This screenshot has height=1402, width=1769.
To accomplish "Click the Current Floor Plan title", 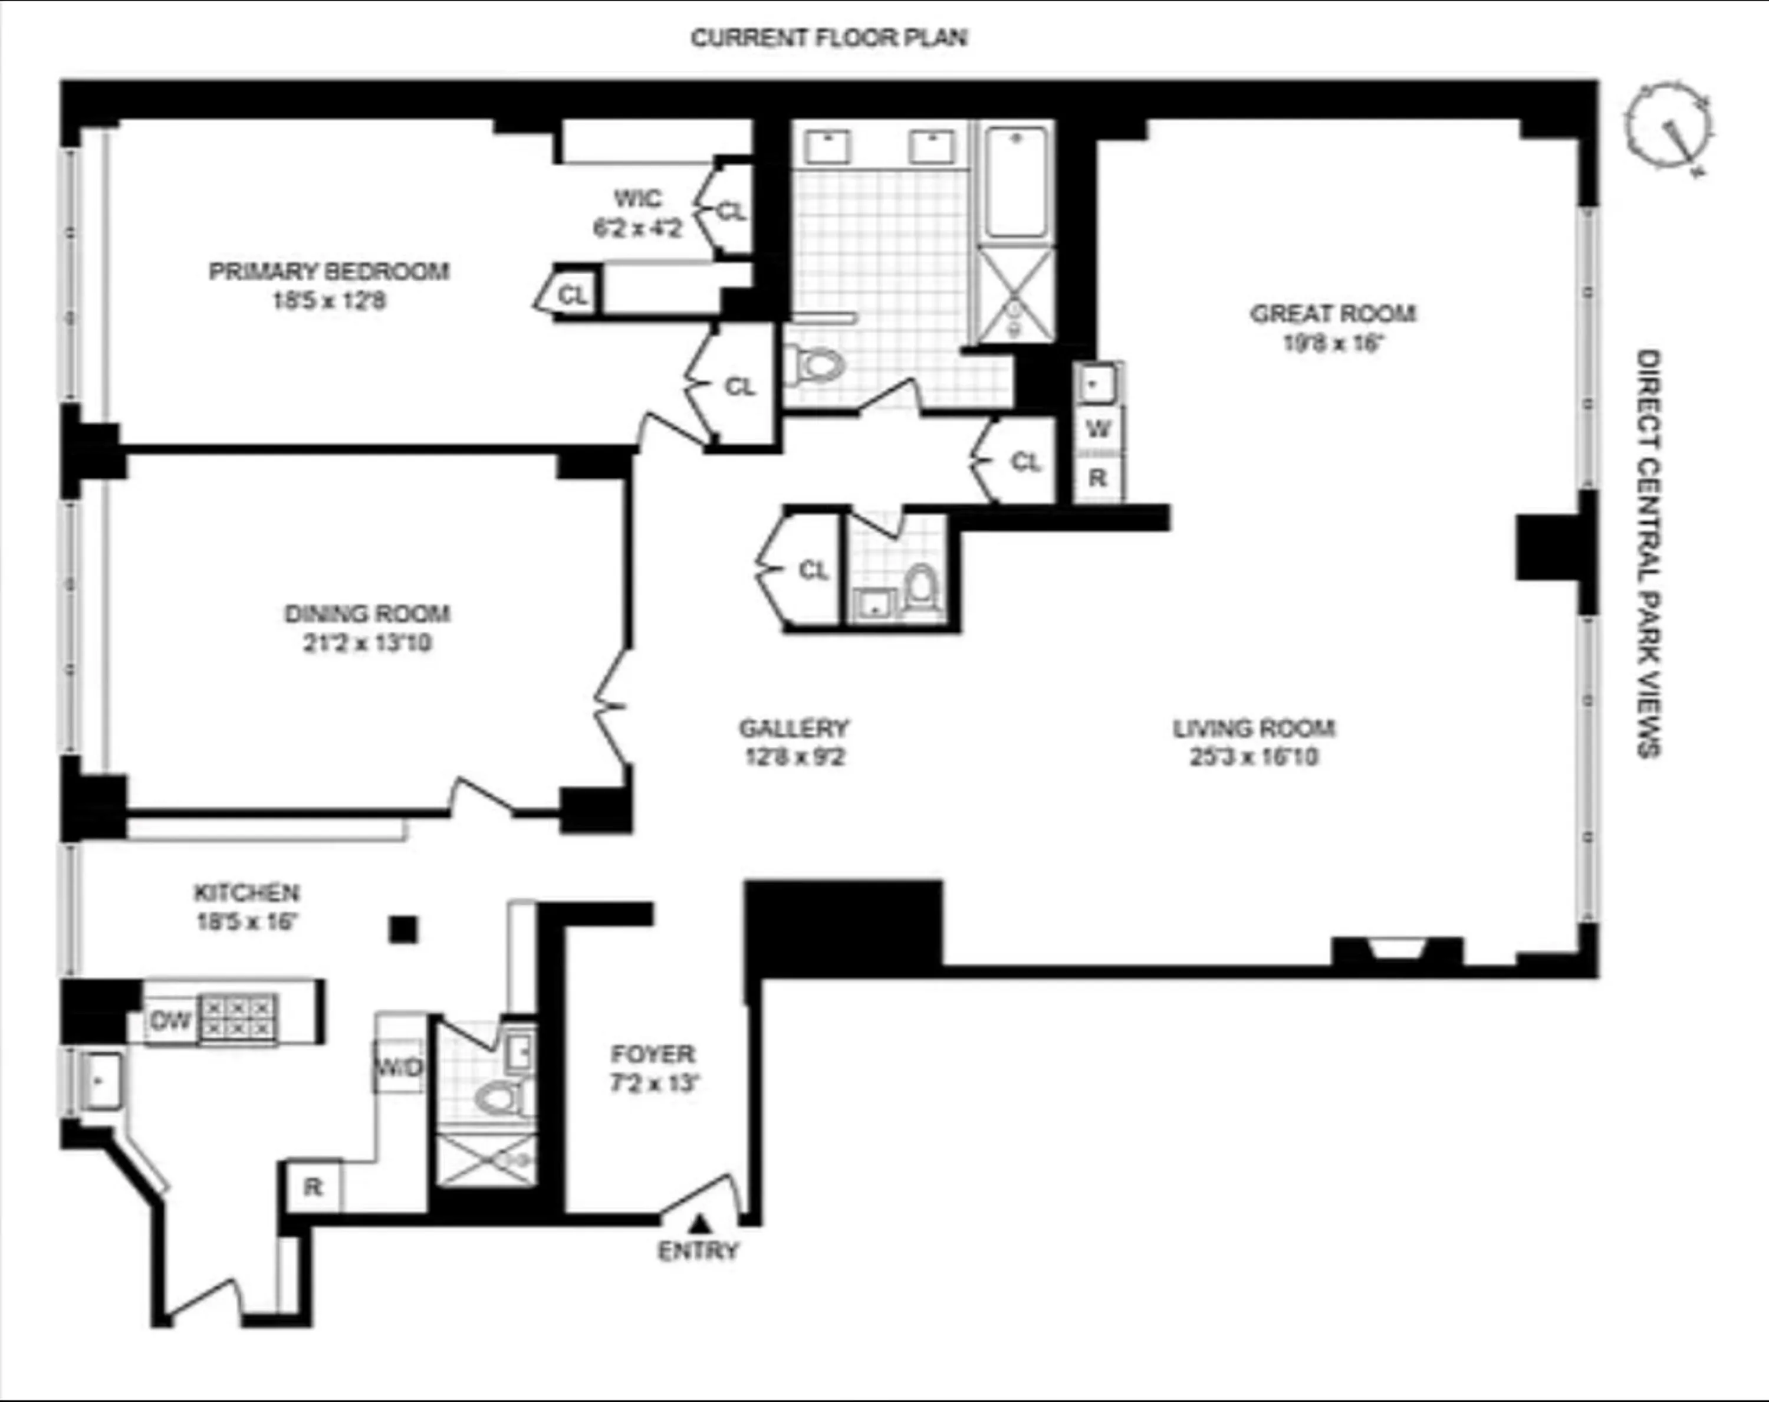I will [828, 38].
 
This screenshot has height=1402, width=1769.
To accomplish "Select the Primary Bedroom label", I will [329, 271].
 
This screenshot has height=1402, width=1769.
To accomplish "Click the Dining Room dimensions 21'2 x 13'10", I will [367, 643].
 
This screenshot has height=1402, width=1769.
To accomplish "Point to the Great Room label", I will [1333, 314].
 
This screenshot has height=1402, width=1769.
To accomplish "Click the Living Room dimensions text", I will [1254, 756].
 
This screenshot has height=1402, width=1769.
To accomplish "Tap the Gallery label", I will [794, 728].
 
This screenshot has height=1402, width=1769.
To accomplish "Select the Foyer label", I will [652, 1054].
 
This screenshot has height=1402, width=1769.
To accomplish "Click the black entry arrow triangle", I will [699, 1224].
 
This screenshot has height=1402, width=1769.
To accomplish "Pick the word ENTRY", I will [698, 1251].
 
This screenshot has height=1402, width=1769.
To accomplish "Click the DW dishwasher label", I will [170, 1021].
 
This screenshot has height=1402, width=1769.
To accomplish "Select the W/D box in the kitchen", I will [399, 1067].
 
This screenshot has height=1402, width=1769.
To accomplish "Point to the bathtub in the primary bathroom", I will [1017, 182].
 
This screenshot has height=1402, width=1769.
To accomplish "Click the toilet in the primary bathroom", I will [817, 365].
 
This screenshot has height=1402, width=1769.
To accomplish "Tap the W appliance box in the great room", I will [1098, 428].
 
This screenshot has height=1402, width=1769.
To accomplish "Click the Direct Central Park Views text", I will [1648, 554].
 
